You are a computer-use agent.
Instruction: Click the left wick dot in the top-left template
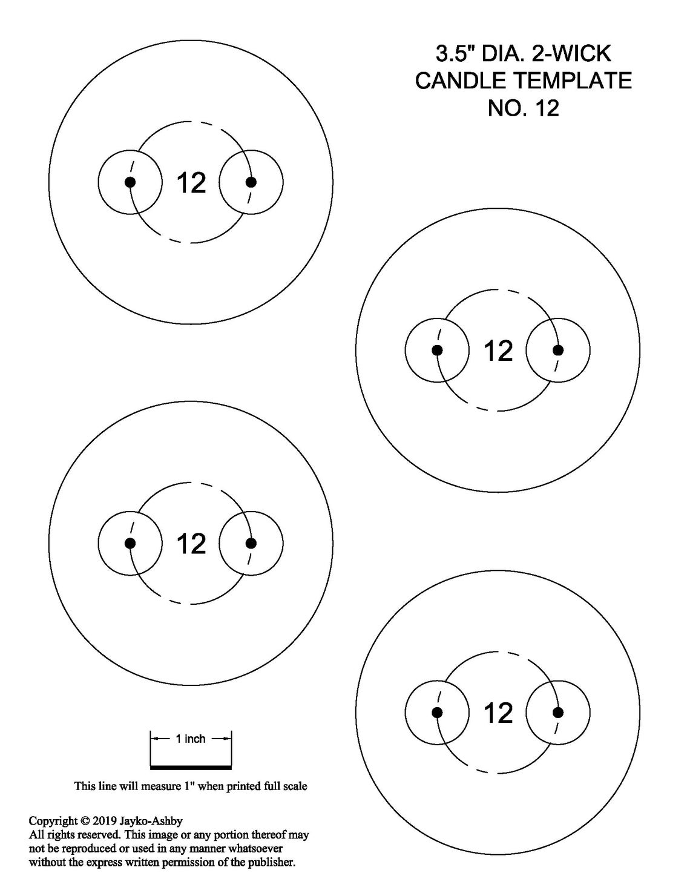[x=130, y=182]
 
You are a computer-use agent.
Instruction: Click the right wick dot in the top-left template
[x=251, y=182]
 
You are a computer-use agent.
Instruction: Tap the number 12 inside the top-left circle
[x=191, y=183]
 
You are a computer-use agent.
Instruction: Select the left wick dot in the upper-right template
[x=438, y=351]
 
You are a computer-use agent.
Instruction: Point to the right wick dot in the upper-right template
[x=558, y=351]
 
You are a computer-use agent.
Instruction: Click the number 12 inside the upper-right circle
[x=499, y=351]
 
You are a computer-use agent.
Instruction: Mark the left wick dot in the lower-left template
[x=130, y=543]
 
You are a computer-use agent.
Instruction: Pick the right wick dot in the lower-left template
[x=251, y=543]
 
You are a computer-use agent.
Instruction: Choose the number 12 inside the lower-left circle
[x=191, y=544]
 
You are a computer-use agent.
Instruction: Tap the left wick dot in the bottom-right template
[x=438, y=712]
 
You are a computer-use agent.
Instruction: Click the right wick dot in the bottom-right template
[x=558, y=712]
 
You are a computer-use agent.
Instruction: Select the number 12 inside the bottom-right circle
[x=499, y=713]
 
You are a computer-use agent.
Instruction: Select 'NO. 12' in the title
[x=524, y=108]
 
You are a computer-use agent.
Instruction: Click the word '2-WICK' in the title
[x=571, y=53]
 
